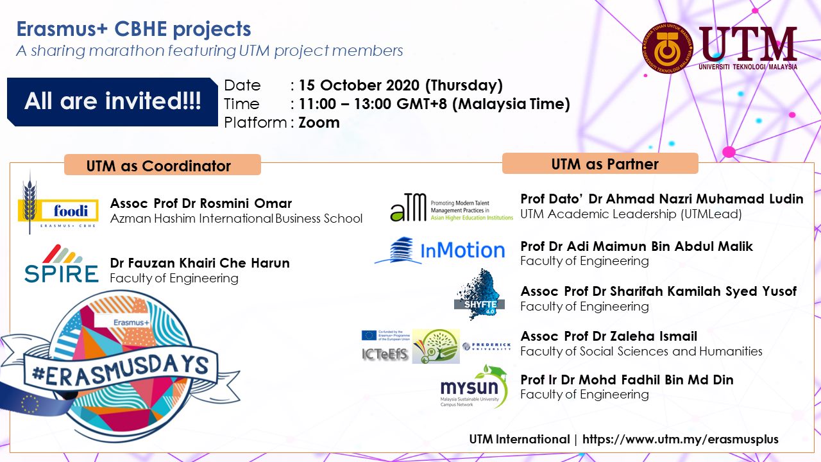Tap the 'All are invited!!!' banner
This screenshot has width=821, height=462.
click(112, 101)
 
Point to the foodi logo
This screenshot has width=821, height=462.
click(59, 210)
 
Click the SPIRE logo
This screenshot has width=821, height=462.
click(62, 266)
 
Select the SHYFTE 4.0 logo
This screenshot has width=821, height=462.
click(478, 296)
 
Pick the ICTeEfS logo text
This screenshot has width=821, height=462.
click(384, 354)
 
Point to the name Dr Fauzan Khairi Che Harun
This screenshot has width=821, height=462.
click(199, 263)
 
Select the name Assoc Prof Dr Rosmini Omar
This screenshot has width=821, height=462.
click(201, 203)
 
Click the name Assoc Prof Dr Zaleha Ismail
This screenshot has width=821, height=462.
click(609, 336)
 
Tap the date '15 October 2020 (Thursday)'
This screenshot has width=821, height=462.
click(400, 85)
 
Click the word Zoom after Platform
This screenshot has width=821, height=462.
click(319, 123)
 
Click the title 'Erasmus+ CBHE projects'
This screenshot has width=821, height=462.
click(133, 30)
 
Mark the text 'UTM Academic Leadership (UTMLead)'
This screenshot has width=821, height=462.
click(631, 214)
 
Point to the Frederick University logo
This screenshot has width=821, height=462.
click(487, 346)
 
